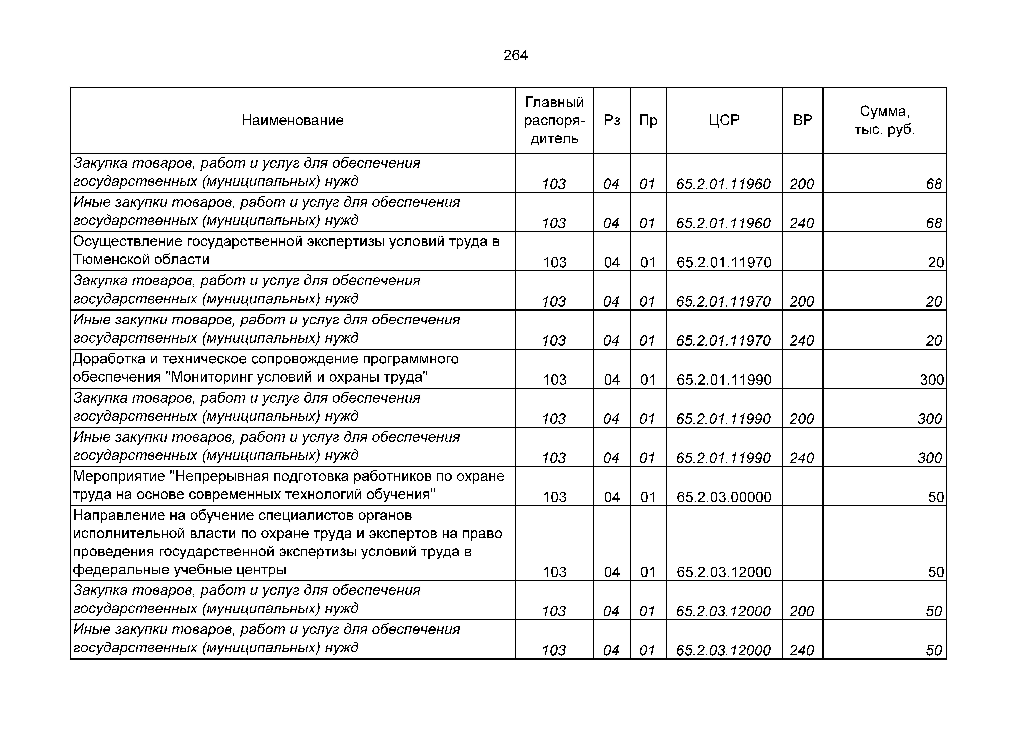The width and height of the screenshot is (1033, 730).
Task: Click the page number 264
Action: point(516,55)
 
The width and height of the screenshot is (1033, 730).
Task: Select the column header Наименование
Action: point(292,120)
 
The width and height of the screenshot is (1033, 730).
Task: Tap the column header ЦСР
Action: point(724,120)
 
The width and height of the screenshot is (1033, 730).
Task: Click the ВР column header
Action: point(803,120)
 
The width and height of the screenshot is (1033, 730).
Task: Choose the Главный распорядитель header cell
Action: point(554,120)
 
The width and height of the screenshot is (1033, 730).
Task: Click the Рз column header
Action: point(612,120)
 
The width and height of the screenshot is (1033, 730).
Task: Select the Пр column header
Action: point(648,120)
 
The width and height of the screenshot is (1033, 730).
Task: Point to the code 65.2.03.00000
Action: point(724,497)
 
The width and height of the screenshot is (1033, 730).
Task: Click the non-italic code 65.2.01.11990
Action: point(724,380)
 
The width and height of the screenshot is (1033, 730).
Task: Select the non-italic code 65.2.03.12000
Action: point(724,572)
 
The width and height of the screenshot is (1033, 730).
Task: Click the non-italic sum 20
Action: point(936,262)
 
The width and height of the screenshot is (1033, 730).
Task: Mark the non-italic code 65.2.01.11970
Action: point(724,262)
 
